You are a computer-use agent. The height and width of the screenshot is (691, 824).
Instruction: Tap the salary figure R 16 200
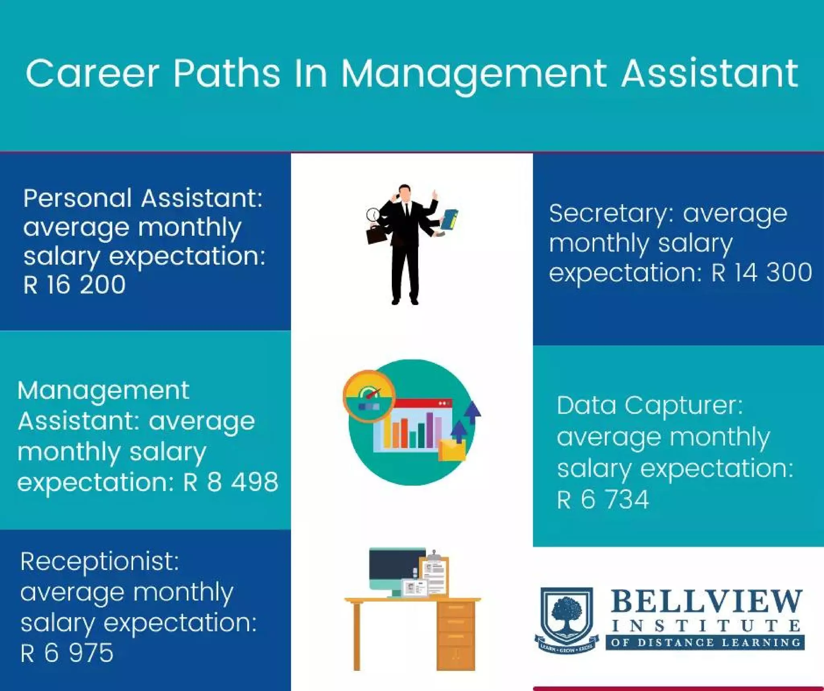point(74,285)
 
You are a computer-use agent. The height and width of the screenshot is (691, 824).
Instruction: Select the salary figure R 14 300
point(762,272)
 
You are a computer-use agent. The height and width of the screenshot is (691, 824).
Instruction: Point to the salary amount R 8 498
point(231,482)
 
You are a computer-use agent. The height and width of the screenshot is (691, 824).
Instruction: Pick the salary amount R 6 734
point(603,499)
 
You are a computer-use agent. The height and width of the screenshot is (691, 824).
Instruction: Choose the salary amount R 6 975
point(67,653)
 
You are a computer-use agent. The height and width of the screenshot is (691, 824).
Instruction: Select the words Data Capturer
point(649,405)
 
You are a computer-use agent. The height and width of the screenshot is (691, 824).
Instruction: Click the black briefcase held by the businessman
point(377,234)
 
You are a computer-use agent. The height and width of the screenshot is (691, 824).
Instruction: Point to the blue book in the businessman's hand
point(450,220)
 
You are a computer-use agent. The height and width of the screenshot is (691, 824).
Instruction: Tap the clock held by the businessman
point(373,214)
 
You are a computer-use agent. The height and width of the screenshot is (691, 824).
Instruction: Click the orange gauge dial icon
point(369,396)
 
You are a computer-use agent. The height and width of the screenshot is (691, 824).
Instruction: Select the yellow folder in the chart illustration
point(452,450)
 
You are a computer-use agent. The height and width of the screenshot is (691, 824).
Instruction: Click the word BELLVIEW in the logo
point(707,601)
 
